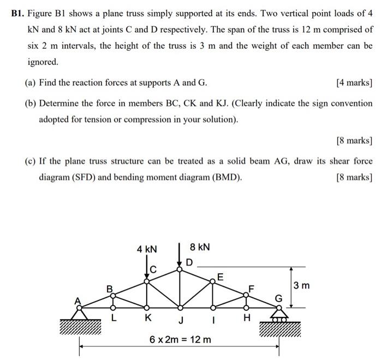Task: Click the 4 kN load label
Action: tap(147, 249)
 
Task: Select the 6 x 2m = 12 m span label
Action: tap(180, 340)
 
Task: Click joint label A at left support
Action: tap(77, 300)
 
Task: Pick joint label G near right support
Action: tap(279, 298)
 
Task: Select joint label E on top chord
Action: tap(220, 276)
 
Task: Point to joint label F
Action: tap(252, 287)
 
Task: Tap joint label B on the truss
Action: tap(109, 288)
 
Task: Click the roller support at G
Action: tap(278, 315)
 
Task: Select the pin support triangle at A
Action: tap(80, 314)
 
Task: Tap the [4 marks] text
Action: tap(354, 83)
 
